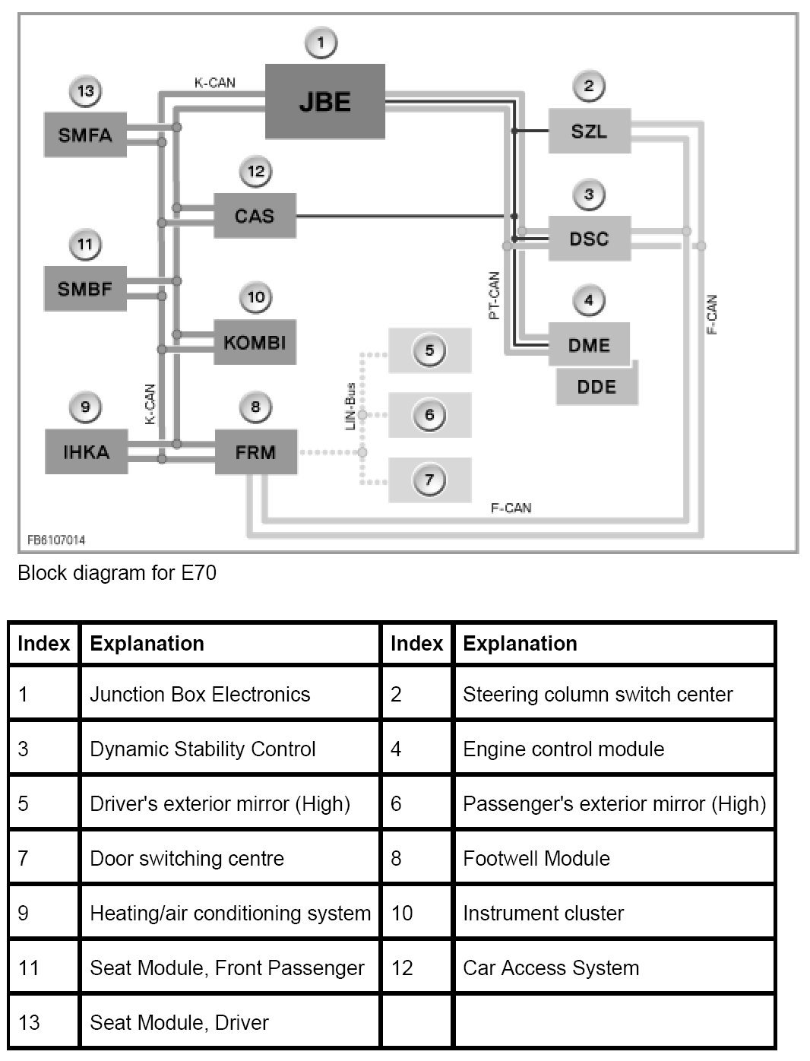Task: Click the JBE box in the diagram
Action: click(324, 102)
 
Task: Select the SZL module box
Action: click(589, 131)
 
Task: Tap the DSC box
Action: click(589, 239)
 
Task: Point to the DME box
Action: click(589, 345)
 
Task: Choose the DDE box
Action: click(596, 387)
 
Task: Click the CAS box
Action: click(255, 216)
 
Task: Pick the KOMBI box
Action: click(255, 342)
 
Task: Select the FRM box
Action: click(255, 452)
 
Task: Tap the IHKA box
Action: click(85, 452)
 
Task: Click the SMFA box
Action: click(85, 135)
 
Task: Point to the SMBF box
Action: click(85, 288)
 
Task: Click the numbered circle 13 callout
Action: click(85, 92)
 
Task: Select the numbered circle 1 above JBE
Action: click(321, 43)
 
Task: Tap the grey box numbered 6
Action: click(429, 415)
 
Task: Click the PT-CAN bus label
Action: click(494, 296)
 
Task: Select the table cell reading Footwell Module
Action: click(536, 859)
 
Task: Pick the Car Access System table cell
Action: click(551, 968)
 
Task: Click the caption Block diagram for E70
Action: click(117, 572)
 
